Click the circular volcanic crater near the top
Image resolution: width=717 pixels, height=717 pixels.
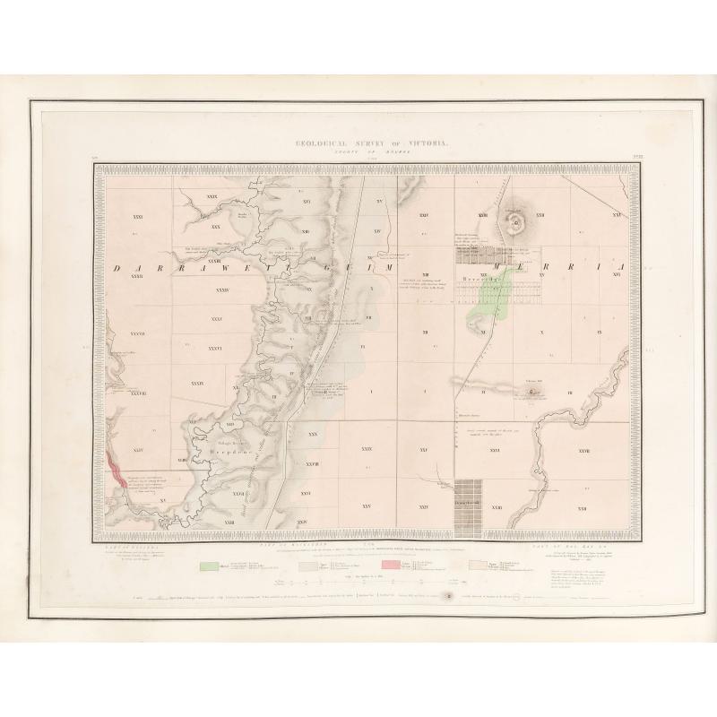tap(516, 220)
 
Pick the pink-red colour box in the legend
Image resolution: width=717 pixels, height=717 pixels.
tap(389, 566)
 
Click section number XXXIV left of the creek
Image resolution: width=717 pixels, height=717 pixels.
tap(223, 290)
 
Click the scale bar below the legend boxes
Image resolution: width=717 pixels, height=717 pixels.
tap(358, 581)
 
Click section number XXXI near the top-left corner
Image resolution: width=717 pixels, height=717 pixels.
tap(137, 218)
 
